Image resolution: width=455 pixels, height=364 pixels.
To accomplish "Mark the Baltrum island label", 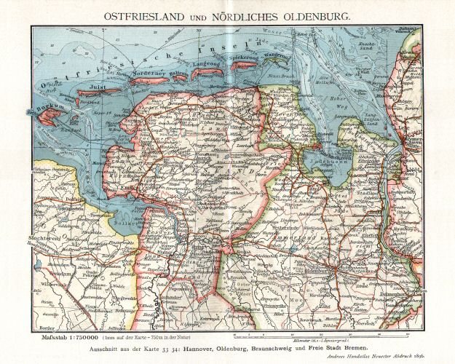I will [x=178, y=74].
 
